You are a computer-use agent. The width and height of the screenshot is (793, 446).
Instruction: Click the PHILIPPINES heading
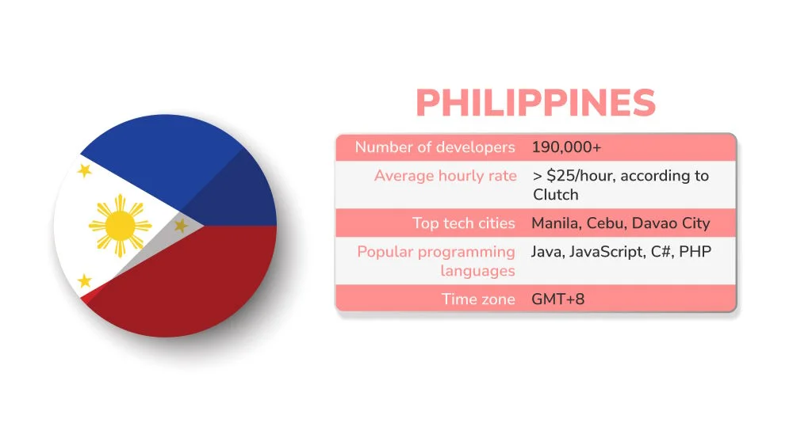tap(535, 104)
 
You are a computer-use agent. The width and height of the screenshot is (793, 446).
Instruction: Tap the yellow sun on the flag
tap(120, 227)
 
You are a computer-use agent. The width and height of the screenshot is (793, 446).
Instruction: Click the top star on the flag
tap(84, 170)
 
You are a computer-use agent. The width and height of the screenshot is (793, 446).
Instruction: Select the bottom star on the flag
tap(84, 281)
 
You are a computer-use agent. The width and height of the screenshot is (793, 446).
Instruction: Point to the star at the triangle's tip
tap(181, 226)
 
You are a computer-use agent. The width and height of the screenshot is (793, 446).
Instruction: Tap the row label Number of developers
tap(435, 147)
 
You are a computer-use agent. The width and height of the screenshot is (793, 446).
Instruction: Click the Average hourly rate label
tap(445, 176)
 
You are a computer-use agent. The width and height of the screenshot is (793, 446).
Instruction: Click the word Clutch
tap(556, 195)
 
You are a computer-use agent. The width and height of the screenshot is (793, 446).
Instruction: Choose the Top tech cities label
tap(463, 223)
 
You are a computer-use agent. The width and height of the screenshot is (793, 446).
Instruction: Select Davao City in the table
tap(671, 223)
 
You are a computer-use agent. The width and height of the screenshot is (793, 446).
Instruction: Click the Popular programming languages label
tap(436, 261)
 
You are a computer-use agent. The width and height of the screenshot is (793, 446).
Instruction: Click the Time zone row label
tap(478, 299)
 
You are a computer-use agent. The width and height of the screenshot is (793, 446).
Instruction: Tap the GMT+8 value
tap(558, 299)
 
